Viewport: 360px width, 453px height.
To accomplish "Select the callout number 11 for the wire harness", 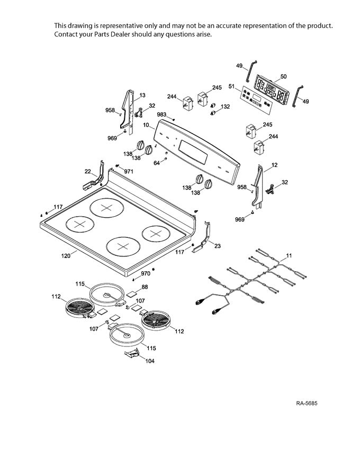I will (289, 256).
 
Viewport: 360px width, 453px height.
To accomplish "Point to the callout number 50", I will (283, 77).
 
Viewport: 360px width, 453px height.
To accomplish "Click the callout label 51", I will (231, 86).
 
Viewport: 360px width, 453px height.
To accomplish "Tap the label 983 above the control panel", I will (162, 115).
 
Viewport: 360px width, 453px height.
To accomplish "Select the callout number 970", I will (146, 274).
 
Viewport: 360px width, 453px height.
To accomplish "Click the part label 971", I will (128, 172).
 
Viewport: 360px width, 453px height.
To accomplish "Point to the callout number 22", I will (88, 171).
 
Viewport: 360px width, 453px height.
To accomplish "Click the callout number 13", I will (142, 95).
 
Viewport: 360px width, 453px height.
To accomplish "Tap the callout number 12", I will (274, 165).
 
